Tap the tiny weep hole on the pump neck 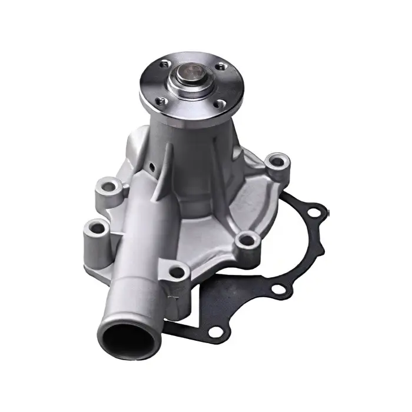coord(151,169)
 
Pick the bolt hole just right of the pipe coord(175,271)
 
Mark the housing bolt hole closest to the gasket coord(247,239)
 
